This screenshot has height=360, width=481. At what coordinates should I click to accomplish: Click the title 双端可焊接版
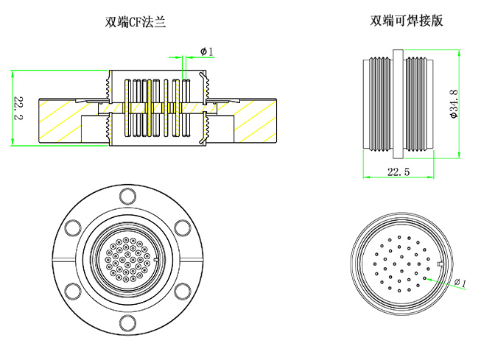pos(407,21)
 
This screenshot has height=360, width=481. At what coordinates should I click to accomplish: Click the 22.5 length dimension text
pos(398,171)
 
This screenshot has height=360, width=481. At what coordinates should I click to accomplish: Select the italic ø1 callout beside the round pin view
pos(460,283)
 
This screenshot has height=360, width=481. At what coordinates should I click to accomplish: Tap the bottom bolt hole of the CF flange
pos(127,323)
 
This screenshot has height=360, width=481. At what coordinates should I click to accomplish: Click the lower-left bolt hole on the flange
pos(72,291)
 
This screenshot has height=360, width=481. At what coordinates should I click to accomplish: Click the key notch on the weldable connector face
pos(439,264)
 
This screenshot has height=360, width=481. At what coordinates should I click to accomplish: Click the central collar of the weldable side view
pos(397,105)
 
